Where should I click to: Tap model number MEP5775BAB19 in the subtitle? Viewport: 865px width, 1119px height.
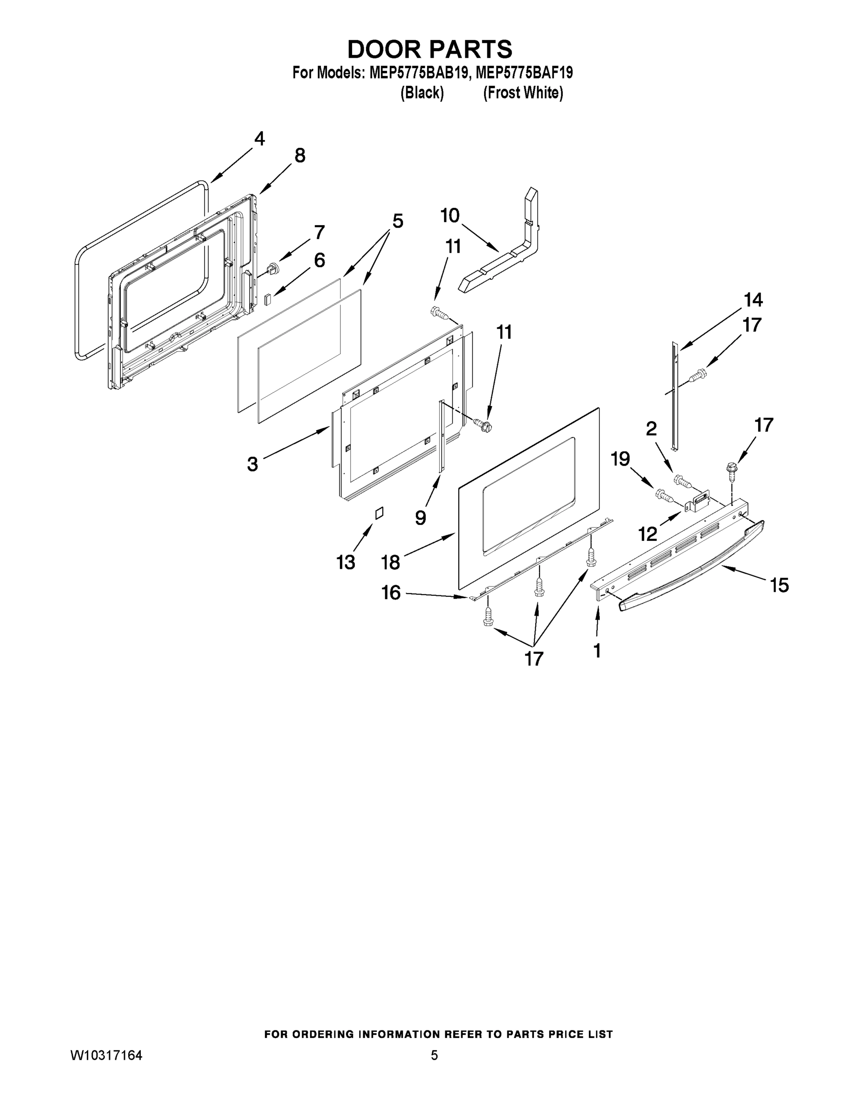tap(418, 73)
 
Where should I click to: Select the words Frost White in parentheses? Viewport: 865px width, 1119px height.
tap(523, 93)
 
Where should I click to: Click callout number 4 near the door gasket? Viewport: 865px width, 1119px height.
tap(259, 139)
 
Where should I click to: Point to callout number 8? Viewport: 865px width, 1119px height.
tap(300, 155)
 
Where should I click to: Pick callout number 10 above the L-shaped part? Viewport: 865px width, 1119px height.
tap(450, 216)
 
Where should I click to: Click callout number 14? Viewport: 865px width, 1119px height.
tap(753, 300)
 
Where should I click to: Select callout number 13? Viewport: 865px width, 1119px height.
tap(346, 563)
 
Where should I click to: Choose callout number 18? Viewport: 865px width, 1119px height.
tap(390, 563)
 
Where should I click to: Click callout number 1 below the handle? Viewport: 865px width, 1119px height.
tap(597, 651)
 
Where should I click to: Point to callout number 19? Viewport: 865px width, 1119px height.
tap(620, 459)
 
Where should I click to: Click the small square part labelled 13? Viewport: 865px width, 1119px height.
tap(379, 513)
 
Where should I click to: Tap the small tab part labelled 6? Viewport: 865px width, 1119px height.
tap(267, 299)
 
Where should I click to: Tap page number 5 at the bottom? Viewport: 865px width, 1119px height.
tap(434, 1056)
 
